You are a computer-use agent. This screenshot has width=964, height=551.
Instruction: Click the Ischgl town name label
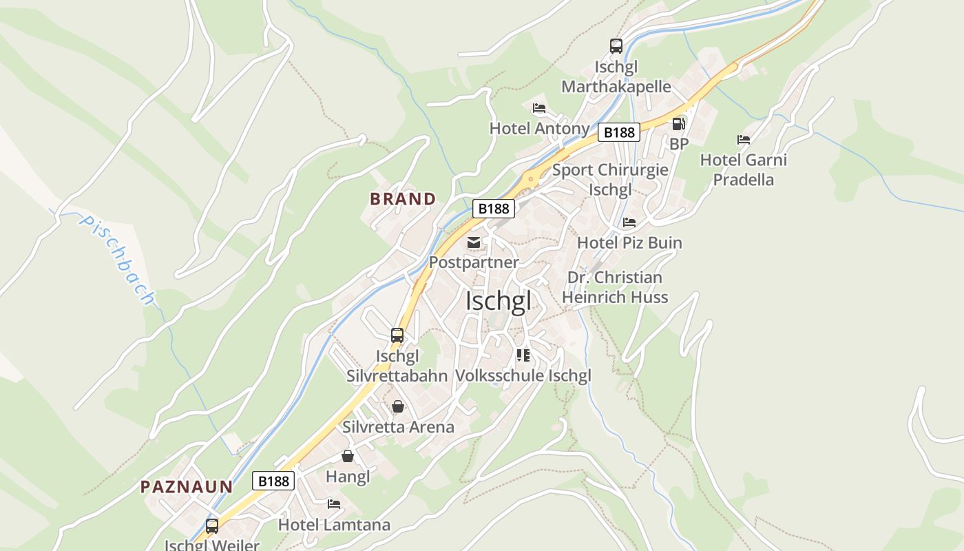click(499, 301)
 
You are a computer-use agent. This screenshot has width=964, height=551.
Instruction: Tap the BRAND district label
click(403, 199)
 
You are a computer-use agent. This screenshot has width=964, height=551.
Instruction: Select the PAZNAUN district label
click(187, 487)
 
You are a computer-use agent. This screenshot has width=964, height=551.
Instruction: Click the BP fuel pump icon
click(678, 124)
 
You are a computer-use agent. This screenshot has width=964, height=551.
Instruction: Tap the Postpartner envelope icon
click(474, 242)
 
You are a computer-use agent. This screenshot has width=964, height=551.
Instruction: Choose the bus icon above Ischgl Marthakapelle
click(616, 46)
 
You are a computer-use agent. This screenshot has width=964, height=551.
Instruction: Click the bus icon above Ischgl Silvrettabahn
click(397, 335)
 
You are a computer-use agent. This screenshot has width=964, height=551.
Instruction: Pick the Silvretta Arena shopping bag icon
click(398, 406)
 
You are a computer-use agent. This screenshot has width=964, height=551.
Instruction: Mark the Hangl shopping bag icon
click(348, 456)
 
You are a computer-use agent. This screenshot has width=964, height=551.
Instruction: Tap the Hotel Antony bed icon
click(539, 108)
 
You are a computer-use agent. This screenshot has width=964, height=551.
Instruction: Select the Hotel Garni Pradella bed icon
click(744, 140)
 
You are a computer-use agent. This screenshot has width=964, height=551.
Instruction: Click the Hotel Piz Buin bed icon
click(629, 222)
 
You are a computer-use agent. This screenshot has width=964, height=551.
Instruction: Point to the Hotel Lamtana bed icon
click(334, 504)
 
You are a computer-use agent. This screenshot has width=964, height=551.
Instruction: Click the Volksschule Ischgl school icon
click(523, 355)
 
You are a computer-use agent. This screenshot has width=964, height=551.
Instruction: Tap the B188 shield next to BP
click(619, 132)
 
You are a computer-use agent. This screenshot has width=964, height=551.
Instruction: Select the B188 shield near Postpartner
click(494, 208)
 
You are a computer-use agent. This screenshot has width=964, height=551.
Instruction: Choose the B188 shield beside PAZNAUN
click(273, 480)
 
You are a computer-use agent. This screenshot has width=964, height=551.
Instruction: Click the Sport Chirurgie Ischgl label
click(610, 179)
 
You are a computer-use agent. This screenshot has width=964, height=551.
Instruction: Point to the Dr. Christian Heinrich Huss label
click(615, 287)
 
